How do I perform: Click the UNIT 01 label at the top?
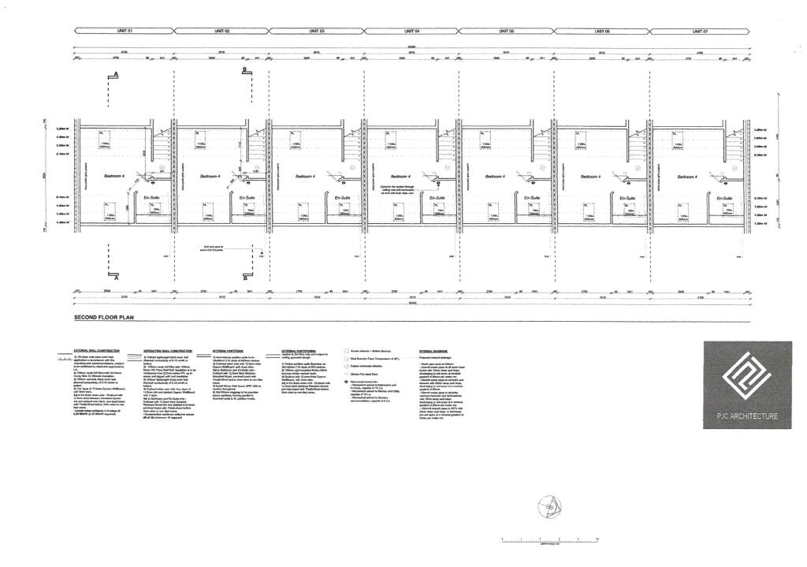pos(125,31)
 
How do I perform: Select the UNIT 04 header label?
pos(411,31)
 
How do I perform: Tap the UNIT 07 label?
pos(700,31)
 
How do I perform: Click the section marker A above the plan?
pos(117,74)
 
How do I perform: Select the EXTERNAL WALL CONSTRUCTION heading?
pos(98,350)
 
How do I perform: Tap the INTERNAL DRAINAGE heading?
pos(434,350)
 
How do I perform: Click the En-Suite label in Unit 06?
pos(628,197)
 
